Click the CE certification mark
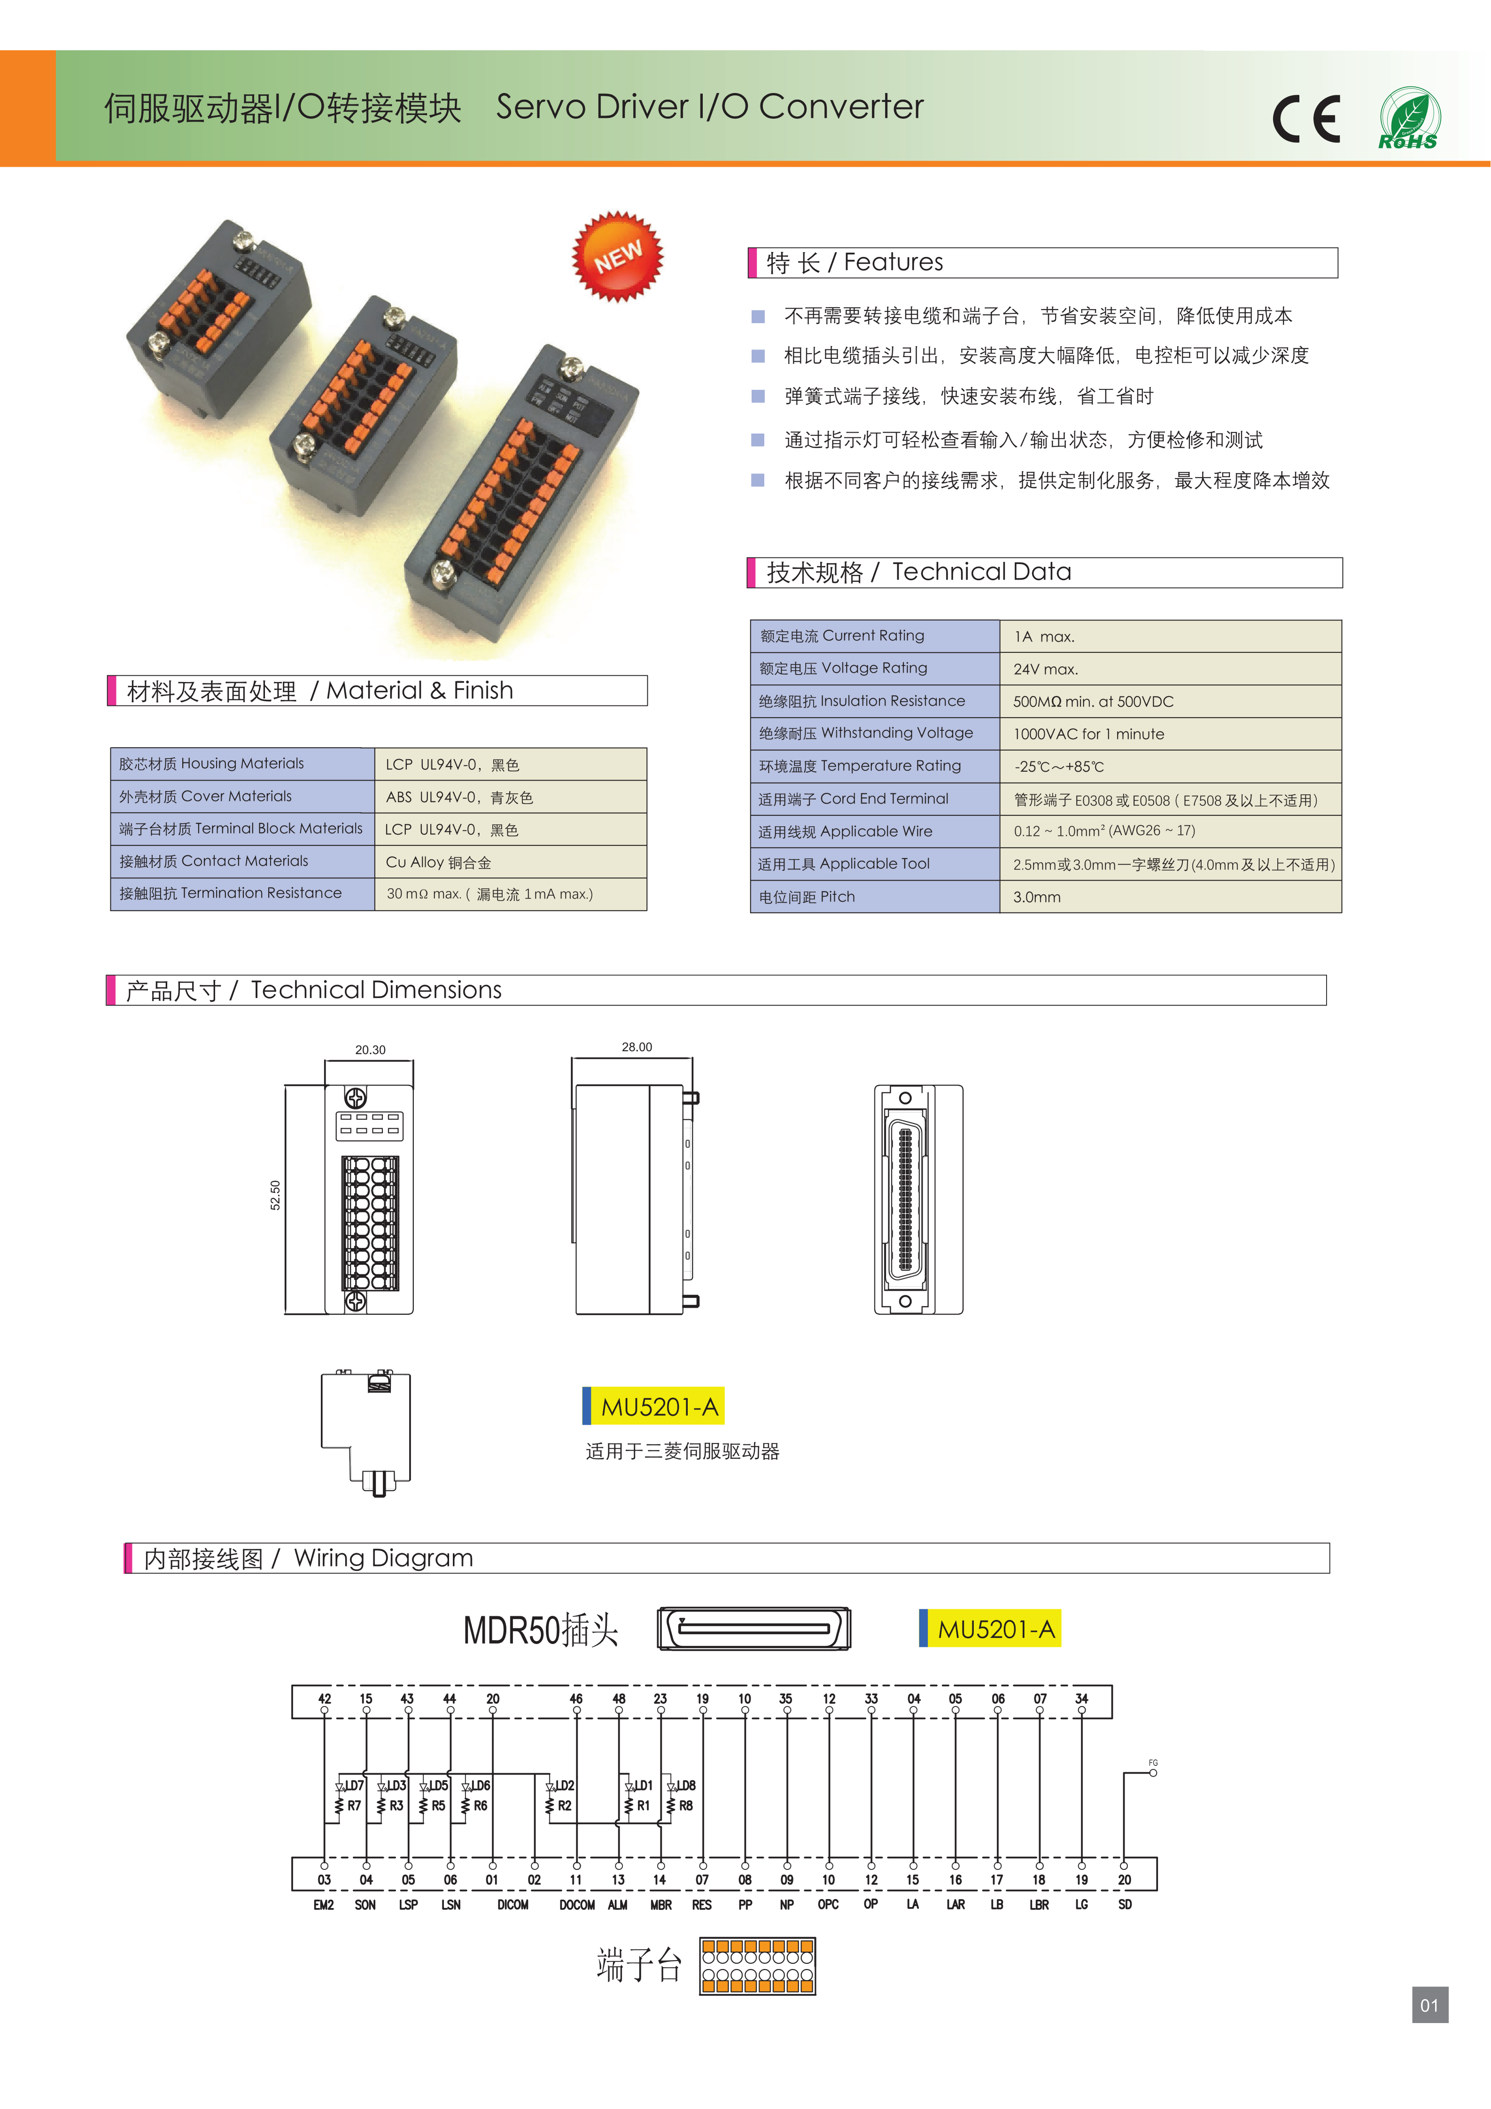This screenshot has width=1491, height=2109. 1305,118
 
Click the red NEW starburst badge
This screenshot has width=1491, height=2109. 617,256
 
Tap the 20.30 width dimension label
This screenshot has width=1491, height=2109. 370,1050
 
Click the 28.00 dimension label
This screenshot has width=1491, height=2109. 637,1047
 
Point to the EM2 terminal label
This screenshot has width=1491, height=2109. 323,1905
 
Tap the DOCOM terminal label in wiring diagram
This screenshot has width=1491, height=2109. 577,1905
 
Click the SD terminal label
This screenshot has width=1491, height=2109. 1125,1905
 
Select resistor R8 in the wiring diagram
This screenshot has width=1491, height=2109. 685,1806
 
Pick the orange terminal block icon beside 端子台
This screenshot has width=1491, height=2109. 757,1967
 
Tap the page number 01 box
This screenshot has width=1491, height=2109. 1429,2005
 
